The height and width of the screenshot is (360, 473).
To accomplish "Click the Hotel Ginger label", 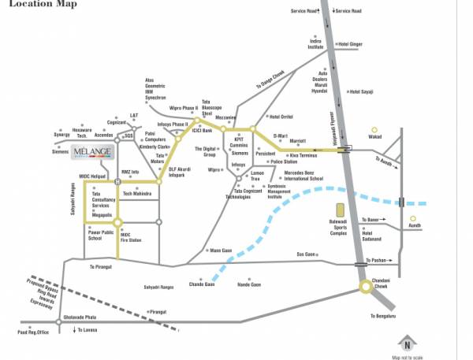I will click(x=348, y=44).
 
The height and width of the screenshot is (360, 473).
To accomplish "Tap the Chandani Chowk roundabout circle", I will click(x=366, y=287).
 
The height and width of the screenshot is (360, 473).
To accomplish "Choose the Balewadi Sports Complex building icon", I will click(x=340, y=211).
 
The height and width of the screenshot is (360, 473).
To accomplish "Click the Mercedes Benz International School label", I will click(x=303, y=175).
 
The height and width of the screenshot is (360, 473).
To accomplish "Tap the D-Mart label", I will click(x=281, y=135).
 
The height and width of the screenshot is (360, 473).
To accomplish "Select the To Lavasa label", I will click(x=86, y=329).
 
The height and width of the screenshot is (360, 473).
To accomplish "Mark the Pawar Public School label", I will click(x=102, y=235).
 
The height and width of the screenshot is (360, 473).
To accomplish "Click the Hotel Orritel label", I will click(x=281, y=117).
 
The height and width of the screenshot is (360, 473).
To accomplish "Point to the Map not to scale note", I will click(x=407, y=357).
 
